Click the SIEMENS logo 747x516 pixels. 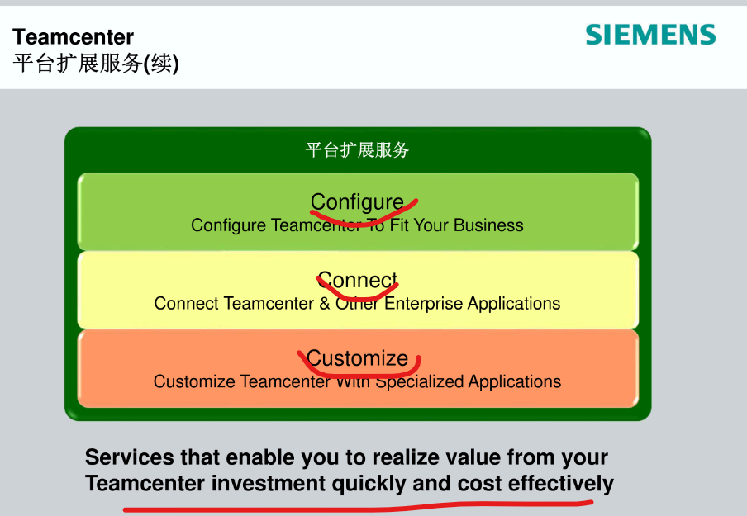[x=650, y=35]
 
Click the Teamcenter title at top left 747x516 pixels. [x=73, y=37]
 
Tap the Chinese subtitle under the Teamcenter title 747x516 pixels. [x=96, y=64]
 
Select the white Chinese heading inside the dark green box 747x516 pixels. [x=357, y=150]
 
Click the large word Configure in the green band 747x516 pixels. [x=357, y=202]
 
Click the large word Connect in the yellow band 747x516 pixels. [x=357, y=281]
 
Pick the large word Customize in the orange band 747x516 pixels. [x=357, y=358]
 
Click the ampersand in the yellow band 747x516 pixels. [x=324, y=304]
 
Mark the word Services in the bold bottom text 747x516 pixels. [x=130, y=457]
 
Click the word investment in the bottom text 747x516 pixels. [x=269, y=484]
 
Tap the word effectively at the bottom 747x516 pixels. [x=561, y=484]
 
